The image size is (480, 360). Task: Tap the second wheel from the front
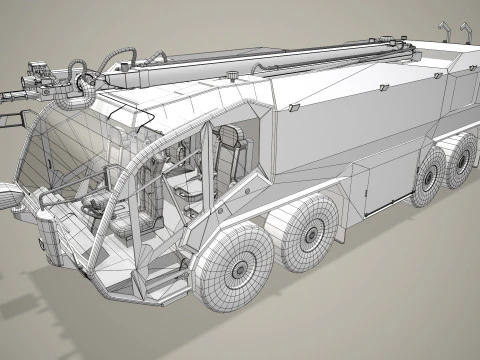pyautogui.click(x=317, y=228)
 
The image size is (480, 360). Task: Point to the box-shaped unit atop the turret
pyautogui.click(x=38, y=72)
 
